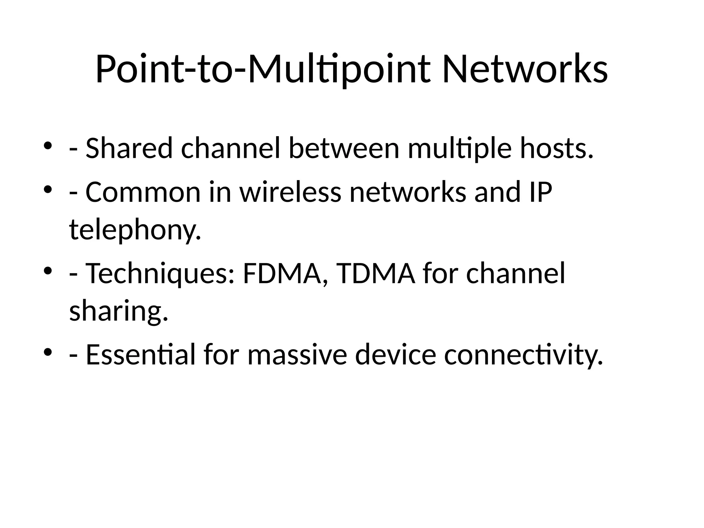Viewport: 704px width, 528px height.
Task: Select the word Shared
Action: coord(129,148)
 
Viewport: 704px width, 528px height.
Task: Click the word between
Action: coord(344,148)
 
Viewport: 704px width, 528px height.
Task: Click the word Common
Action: coord(143,192)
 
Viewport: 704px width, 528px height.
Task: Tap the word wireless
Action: coord(290,192)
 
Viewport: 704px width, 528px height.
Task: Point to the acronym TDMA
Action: coord(375,274)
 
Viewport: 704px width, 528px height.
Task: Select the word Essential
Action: coord(140,354)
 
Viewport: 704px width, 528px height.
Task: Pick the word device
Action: coord(396,354)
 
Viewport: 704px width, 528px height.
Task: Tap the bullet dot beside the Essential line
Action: coord(48,352)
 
